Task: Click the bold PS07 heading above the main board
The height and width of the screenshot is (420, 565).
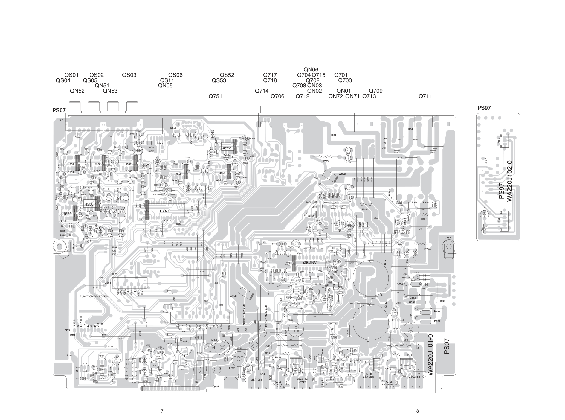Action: pyautogui.click(x=59, y=110)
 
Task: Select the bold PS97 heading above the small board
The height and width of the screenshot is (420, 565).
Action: pyautogui.click(x=484, y=108)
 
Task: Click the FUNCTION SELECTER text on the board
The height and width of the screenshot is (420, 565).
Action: pyautogui.click(x=94, y=296)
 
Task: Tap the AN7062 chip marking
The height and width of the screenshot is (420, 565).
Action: pyautogui.click(x=309, y=262)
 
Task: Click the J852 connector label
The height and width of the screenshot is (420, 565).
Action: pyautogui.click(x=448, y=238)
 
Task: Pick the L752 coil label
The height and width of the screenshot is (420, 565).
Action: pyautogui.click(x=232, y=368)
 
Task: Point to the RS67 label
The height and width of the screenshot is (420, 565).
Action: pyautogui.click(x=160, y=144)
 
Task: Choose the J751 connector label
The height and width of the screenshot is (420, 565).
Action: pyautogui.click(x=333, y=135)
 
